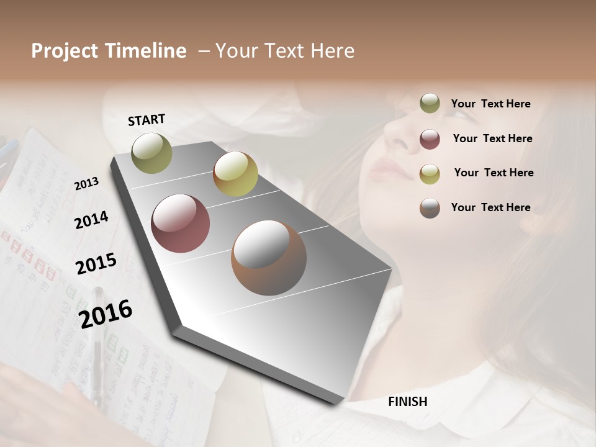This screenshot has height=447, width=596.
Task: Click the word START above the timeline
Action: pos(147,120)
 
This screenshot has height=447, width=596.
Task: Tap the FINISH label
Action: pos(407,402)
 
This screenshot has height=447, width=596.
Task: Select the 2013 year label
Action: pos(86,183)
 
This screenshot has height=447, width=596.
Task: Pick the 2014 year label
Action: pos(91,220)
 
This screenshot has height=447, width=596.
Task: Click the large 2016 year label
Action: pos(106,314)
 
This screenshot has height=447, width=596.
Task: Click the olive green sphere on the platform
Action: pos(151,153)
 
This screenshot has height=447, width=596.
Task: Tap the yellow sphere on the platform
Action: pos(235,174)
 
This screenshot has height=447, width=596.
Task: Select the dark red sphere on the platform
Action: pos(180,223)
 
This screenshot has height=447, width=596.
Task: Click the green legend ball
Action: pos(430,104)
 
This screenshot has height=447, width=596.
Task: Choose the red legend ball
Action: pos(430,138)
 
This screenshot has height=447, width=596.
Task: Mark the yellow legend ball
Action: pos(430,173)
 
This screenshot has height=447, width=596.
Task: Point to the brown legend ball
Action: pos(430,208)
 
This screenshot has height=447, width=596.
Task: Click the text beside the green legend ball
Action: pos(490,104)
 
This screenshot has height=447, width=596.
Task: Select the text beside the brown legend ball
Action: pos(490,207)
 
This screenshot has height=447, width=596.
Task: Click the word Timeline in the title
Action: pos(146,51)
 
